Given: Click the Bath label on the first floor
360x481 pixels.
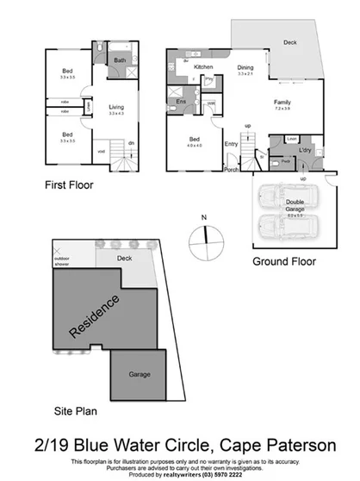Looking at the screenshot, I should click(120, 60).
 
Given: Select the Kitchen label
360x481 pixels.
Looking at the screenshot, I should click(203, 66).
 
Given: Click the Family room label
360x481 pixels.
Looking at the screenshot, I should click(282, 102).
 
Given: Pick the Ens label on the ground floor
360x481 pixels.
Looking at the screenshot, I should click(182, 102).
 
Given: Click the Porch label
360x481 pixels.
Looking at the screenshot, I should click(231, 169).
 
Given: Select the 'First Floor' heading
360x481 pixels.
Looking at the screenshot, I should click(68, 184).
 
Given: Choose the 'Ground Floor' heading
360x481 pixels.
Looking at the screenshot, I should click(283, 261).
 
